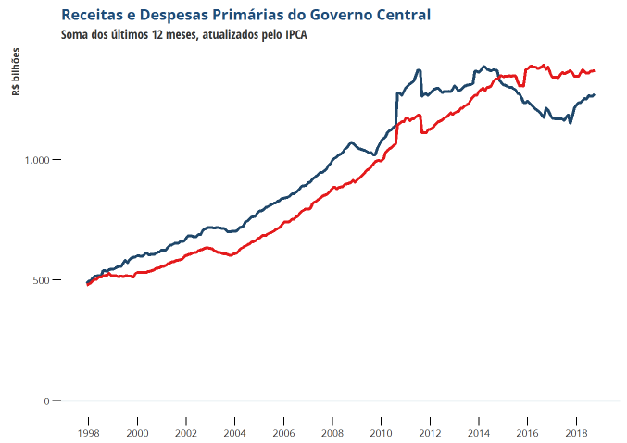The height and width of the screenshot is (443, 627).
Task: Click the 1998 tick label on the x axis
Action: (x=89, y=433)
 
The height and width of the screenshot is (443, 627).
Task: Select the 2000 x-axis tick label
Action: (x=137, y=433)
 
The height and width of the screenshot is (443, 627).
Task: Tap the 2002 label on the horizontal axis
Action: (x=186, y=433)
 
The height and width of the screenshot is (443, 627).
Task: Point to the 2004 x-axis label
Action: (x=234, y=433)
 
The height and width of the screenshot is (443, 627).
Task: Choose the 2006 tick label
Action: (x=283, y=433)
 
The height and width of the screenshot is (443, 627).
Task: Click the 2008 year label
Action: (x=332, y=433)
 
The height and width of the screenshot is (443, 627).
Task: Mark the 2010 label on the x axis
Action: (x=381, y=433)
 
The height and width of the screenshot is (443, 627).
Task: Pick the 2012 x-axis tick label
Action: (x=430, y=433)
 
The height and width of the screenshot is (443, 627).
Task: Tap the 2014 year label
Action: (x=478, y=433)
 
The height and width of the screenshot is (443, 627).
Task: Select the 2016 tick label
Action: (x=527, y=433)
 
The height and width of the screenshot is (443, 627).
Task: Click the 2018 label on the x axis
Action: (x=575, y=433)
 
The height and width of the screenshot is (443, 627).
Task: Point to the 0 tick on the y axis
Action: (x=46, y=400)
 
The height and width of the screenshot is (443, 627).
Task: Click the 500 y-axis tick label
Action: (x=40, y=280)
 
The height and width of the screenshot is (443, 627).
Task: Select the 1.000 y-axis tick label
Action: (x=35, y=160)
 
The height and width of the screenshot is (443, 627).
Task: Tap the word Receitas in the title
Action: (x=91, y=15)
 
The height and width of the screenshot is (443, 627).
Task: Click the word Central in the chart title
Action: (x=399, y=15)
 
